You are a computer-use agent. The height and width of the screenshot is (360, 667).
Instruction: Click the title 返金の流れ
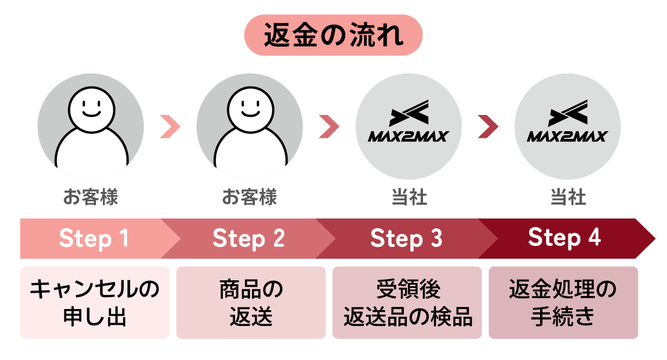(x=333, y=35)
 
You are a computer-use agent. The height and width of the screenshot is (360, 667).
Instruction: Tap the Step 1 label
(x=94, y=239)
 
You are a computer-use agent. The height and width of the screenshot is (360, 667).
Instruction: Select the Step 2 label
(x=248, y=239)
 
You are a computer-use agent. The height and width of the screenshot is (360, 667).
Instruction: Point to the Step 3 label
(x=406, y=239)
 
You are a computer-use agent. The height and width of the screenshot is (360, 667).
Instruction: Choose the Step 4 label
(x=565, y=239)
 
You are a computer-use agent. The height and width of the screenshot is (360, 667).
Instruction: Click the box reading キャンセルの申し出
(x=94, y=303)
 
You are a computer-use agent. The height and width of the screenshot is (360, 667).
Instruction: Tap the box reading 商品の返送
(x=251, y=303)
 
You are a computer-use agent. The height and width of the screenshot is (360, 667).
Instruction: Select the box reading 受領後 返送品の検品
(x=407, y=303)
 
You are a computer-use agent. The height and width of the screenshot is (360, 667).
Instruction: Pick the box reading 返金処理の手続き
(x=563, y=303)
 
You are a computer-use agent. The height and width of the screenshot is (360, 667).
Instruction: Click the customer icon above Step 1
(x=91, y=126)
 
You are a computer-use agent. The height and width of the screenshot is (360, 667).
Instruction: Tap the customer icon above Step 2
(x=249, y=126)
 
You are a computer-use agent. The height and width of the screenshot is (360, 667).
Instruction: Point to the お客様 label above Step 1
(x=91, y=197)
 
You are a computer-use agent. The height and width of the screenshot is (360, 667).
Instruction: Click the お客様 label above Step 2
(x=249, y=197)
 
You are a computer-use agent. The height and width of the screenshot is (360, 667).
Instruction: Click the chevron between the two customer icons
(x=170, y=127)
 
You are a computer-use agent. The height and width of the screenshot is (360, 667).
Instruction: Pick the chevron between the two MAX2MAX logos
(x=488, y=127)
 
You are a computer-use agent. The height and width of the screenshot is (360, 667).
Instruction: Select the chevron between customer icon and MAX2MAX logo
(x=329, y=127)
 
